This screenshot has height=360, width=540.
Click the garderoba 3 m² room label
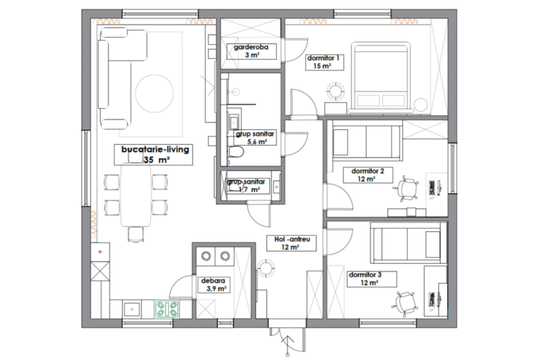251,51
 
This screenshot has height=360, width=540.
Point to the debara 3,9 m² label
214,285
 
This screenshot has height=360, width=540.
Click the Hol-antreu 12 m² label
291,243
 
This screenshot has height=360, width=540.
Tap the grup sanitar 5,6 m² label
256,137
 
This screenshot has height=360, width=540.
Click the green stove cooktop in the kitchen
167,309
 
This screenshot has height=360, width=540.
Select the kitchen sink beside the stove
131,309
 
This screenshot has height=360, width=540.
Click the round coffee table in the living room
154,93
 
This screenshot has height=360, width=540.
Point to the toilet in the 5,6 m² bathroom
236,152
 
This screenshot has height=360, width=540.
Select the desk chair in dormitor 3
405,303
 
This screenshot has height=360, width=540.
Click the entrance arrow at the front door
287,341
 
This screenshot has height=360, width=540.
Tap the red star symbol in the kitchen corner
101,252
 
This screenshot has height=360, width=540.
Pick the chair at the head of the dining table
136,234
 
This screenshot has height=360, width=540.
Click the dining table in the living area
136,195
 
